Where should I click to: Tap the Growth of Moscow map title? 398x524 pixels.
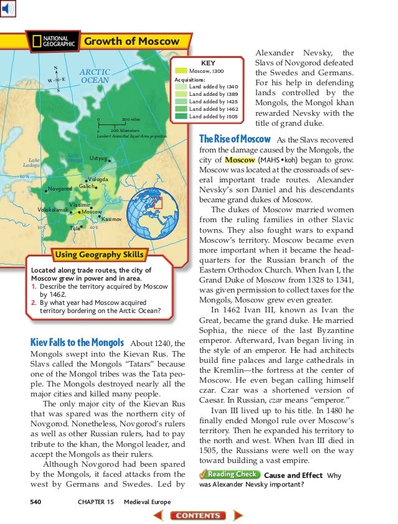pyautogui.click(x=131, y=42)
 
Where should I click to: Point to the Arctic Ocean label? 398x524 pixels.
pyautogui.click(x=95, y=76)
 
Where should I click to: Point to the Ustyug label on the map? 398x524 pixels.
pyautogui.click(x=98, y=159)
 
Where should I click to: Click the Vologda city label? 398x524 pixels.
pyautogui.click(x=97, y=179)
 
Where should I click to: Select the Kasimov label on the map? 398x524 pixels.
pyautogui.click(x=111, y=220)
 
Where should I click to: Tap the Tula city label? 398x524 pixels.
pyautogui.click(x=75, y=228)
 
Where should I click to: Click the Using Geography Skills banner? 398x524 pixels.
pyautogui.click(x=100, y=255)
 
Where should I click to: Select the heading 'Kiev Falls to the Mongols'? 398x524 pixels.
pyautogui.click(x=78, y=342)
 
